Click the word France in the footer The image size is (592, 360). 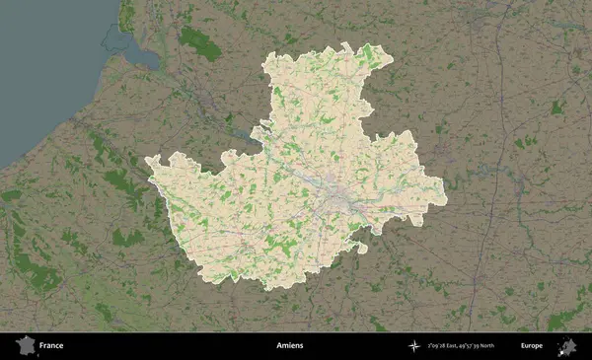(51, 346)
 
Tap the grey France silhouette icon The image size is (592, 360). (24, 346)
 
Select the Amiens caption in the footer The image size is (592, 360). (290, 346)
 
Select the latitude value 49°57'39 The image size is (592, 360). (490, 346)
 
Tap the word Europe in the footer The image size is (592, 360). (532, 346)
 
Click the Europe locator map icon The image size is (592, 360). (567, 346)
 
